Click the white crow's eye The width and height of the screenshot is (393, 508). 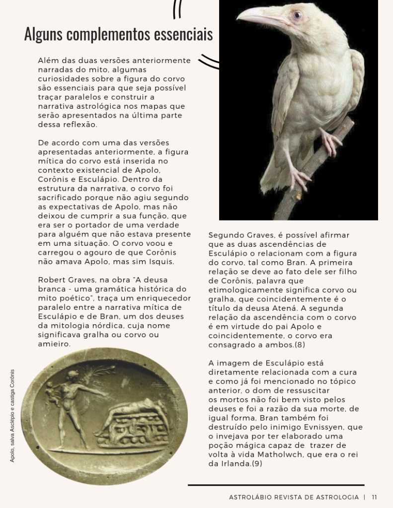297,15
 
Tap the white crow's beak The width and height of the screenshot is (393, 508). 258,18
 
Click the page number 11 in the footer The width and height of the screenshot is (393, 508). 374,497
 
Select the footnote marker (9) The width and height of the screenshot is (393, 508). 256,463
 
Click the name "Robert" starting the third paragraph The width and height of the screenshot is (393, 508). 51,280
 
